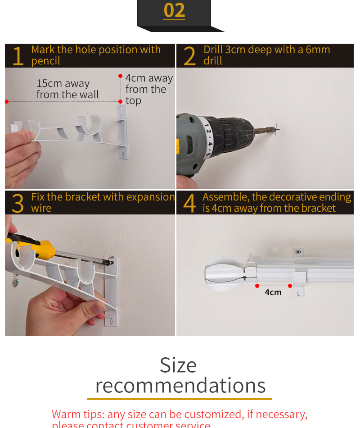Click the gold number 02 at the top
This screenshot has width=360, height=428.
[x=174, y=11]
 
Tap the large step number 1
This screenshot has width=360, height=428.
[x=17, y=56]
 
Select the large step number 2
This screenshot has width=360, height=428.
[x=189, y=56]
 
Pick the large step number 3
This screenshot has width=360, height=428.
[x=17, y=204]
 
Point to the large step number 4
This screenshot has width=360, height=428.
[x=189, y=204]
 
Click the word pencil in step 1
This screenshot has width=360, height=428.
[x=45, y=61]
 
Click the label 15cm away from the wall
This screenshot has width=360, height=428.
[x=67, y=89]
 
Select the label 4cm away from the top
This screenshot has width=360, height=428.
[x=148, y=89]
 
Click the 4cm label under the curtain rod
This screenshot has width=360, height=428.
[x=273, y=292]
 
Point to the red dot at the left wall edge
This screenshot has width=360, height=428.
[x=7, y=102]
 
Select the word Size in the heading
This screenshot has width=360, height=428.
[x=178, y=365]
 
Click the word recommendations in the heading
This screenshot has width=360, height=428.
[x=180, y=386]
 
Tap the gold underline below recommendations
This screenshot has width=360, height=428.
[x=179, y=399]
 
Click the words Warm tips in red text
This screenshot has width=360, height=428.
[x=77, y=414]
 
